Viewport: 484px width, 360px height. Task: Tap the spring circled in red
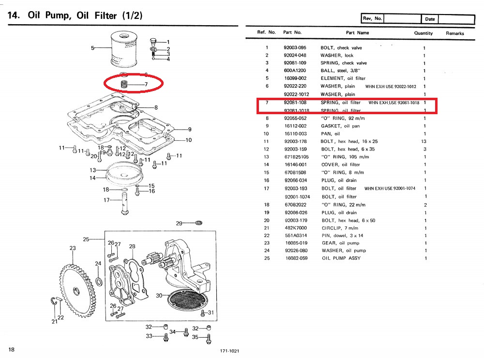click(124, 85)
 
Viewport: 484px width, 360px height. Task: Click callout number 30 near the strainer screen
click(159, 296)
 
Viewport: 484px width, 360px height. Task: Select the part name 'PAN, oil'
click(331, 134)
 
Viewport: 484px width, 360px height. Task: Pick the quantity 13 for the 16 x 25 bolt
click(424, 141)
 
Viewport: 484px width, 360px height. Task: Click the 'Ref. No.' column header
click(267, 32)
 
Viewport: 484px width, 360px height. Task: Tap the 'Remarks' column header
click(455, 33)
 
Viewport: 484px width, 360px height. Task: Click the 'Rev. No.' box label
click(372, 18)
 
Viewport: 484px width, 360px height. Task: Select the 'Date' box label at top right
click(430, 19)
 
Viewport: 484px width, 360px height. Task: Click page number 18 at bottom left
click(12, 350)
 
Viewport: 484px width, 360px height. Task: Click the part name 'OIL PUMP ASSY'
click(341, 258)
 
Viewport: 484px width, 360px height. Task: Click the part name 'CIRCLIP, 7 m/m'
click(339, 228)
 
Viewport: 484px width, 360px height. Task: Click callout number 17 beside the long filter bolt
click(106, 199)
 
